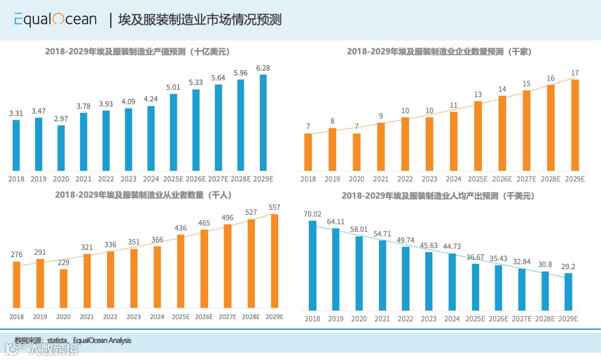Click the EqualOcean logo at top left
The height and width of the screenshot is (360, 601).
[x=55, y=19]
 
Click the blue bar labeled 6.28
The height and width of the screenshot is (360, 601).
[x=263, y=122]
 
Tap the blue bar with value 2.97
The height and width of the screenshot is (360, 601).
[x=61, y=148]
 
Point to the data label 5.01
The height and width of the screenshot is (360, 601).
[x=173, y=87]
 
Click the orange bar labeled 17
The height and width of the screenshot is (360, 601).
[x=575, y=125]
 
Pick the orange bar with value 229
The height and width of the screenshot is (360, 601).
[x=63, y=288]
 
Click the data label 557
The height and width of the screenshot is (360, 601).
[x=274, y=207]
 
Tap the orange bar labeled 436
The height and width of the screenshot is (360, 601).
[x=181, y=271]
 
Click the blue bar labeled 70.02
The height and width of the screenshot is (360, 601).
[x=313, y=265]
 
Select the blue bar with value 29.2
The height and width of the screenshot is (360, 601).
[x=568, y=292]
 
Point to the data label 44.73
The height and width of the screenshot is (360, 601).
[x=451, y=246]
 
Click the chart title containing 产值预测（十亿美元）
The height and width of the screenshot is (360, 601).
[x=137, y=52]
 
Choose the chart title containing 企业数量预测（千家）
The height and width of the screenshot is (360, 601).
[x=440, y=52]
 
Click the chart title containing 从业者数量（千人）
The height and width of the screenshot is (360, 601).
[x=143, y=195]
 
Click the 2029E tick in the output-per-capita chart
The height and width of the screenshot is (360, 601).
[x=568, y=319]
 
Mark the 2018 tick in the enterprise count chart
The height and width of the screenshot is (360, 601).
[x=308, y=179]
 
